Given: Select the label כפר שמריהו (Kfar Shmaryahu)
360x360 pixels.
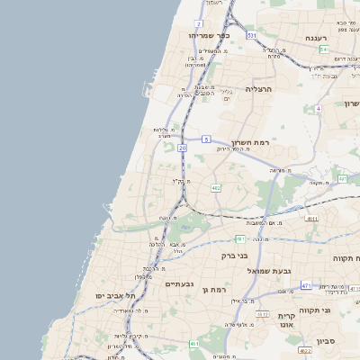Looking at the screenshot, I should coord(210,35).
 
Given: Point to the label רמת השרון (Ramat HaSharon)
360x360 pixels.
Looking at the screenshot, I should coord(251,144).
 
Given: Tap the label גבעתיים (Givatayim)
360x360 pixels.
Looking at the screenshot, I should coord(180,284).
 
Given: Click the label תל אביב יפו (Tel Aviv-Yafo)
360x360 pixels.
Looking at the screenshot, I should coord(115,295).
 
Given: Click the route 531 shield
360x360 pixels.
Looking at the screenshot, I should coord(252,35).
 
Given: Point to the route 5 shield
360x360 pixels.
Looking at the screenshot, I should coord(206,139).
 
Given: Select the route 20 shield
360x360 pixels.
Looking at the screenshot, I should coord(183,147).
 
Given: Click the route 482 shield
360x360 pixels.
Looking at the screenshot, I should coord(216,187).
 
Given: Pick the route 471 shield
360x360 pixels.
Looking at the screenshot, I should coord(306,285).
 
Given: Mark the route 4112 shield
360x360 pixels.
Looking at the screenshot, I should coord(264,313).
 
